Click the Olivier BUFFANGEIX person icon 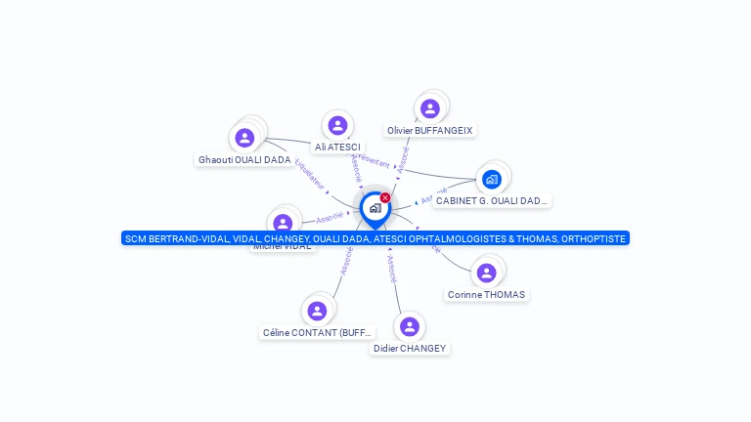pos(429,108)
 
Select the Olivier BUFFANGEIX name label pos(429,130)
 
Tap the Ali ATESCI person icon pos(337,125)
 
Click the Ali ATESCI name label pos(337,147)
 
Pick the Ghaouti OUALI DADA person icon pos(244,138)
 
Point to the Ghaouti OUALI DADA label pos(244,159)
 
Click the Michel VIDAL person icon pos(283,223)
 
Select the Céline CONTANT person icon pos(317,311)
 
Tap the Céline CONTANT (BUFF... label pos(317,332)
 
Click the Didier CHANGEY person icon pos(410,326)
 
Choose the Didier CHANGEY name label pos(410,348)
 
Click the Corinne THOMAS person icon pos(486,273)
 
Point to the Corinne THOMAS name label pos(486,294)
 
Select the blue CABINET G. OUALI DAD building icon pos(492,179)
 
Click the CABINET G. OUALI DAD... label pos(492,200)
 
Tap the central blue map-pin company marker pos(375,208)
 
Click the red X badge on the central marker pos(385,198)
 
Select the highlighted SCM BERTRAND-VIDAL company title pos(375,238)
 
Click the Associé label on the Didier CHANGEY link pos(392,269)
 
